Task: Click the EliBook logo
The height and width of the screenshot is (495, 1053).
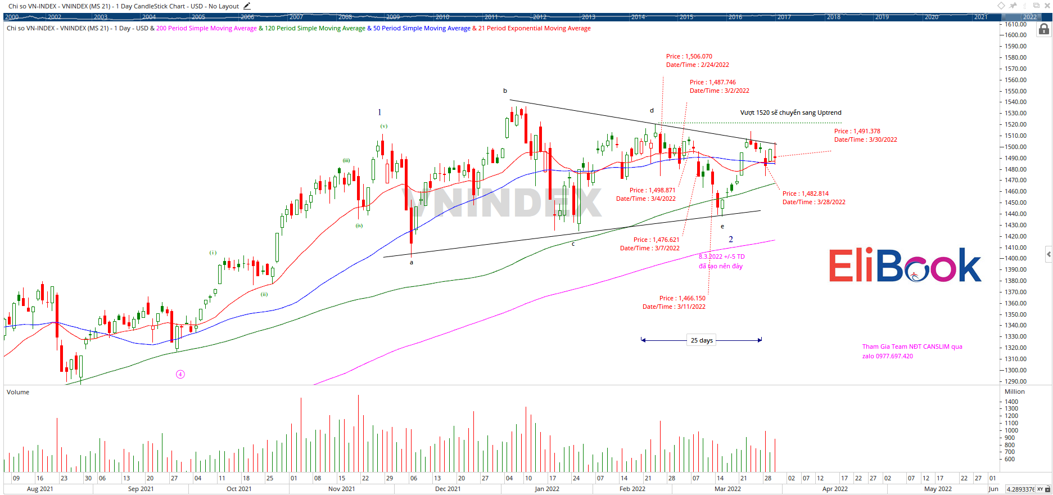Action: click(905, 265)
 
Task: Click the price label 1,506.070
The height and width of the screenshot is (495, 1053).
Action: click(699, 56)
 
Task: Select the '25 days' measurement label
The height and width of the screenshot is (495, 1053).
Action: click(702, 340)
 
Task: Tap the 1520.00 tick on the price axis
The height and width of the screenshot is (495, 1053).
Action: click(1015, 124)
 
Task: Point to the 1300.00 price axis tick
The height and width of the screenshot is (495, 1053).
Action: click(1015, 370)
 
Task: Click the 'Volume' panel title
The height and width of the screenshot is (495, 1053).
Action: click(18, 392)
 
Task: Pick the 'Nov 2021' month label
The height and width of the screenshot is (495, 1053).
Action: click(341, 489)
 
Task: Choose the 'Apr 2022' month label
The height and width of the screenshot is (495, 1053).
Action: click(835, 489)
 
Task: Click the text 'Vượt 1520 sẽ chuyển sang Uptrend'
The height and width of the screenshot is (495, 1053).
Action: click(790, 112)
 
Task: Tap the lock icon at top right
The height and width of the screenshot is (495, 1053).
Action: click(1043, 29)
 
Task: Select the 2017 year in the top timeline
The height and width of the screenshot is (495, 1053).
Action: click(784, 17)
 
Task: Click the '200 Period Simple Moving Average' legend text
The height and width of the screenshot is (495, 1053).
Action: click(206, 28)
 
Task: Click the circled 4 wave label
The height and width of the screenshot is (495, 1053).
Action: click(180, 374)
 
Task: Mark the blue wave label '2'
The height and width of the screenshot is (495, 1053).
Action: click(731, 240)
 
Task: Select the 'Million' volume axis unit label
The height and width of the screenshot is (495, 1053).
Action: click(1014, 391)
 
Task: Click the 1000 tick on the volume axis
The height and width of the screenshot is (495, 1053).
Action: click(1011, 430)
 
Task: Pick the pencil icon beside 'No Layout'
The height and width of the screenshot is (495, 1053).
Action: click(247, 6)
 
